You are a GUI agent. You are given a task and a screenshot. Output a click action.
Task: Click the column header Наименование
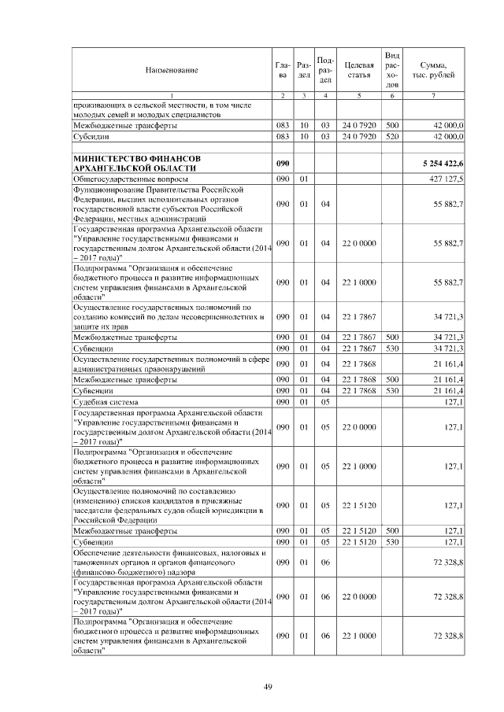click(171, 70)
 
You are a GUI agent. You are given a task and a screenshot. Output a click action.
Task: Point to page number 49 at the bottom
click(268, 687)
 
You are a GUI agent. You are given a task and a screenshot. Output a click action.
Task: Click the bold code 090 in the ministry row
click(283, 163)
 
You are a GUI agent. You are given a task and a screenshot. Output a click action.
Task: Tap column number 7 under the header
click(435, 95)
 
